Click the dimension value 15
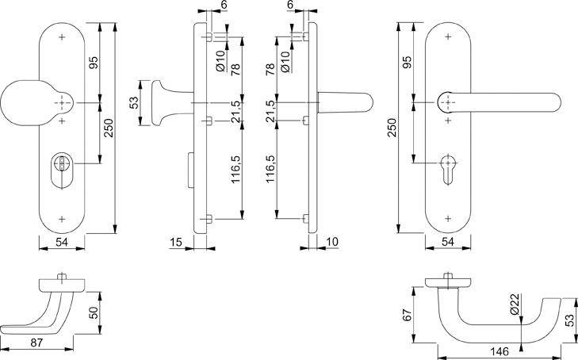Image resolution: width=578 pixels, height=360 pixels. [176, 240]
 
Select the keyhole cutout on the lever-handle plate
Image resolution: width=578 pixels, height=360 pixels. [449, 169]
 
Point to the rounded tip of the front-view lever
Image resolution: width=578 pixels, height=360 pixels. [552, 104]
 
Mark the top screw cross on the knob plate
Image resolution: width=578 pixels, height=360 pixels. [62, 37]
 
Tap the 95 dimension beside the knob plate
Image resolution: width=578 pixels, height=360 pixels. [92, 63]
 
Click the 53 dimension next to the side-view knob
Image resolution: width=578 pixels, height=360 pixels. [135, 103]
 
